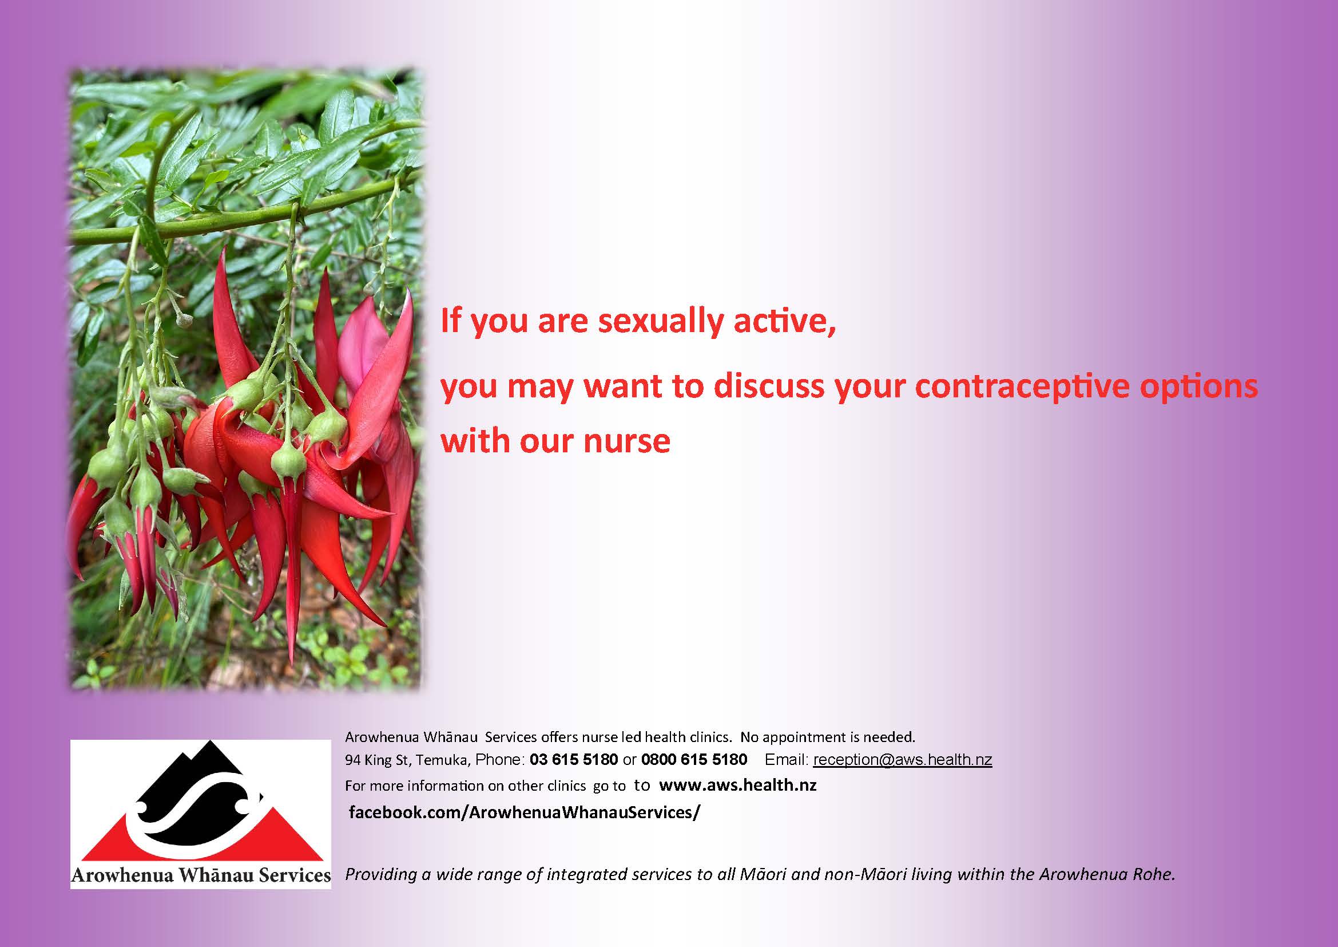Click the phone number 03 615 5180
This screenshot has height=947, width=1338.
click(x=573, y=759)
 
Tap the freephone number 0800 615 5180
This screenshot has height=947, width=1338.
click(x=694, y=759)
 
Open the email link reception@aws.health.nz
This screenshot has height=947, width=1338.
click(x=902, y=759)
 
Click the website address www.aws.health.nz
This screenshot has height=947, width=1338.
click(x=737, y=785)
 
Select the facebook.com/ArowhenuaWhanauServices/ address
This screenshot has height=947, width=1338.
click(x=524, y=812)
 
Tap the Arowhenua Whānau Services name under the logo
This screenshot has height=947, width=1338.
click(x=200, y=875)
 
